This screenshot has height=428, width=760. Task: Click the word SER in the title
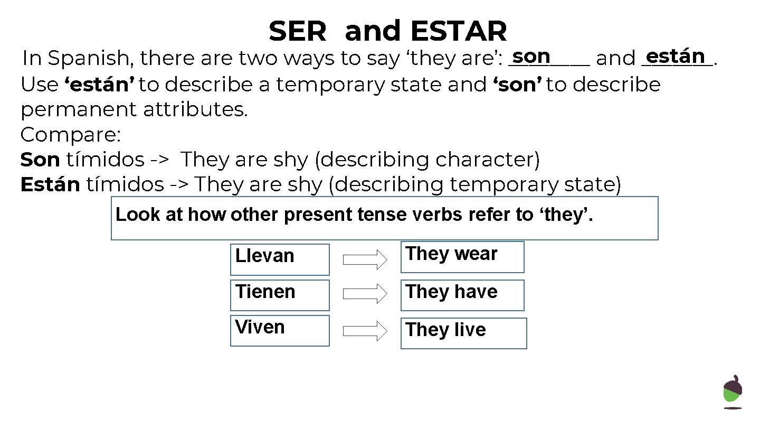(298, 32)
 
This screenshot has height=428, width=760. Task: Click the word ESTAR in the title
(458, 32)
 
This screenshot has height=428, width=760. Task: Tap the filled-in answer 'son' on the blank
(531, 56)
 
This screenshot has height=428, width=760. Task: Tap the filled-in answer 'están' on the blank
(676, 55)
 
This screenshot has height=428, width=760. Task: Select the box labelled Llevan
(280, 259)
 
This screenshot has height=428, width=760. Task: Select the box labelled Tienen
(280, 295)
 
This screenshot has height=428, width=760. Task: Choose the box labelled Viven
(280, 331)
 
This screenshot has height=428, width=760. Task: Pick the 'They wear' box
(462, 257)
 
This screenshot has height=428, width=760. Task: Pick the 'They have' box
(462, 295)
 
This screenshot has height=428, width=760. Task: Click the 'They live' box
(463, 333)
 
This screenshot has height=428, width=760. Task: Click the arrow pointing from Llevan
(365, 259)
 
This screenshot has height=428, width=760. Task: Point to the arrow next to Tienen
(365, 294)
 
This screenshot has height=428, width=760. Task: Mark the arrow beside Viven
(365, 331)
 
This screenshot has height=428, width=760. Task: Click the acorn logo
(733, 392)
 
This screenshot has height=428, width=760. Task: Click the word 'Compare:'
(71, 135)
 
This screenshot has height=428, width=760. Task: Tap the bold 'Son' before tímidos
(40, 160)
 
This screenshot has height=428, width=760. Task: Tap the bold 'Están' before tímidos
(50, 184)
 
